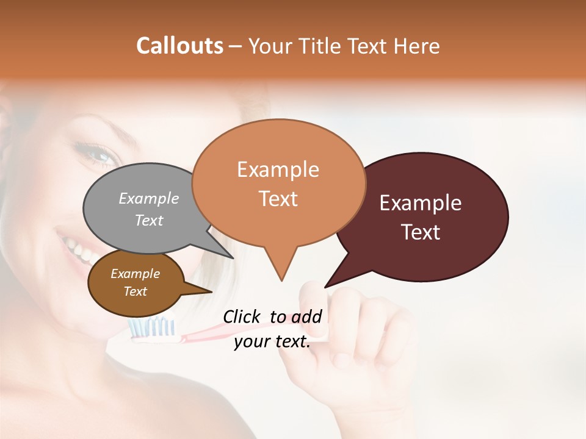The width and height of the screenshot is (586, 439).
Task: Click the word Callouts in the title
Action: coord(179,46)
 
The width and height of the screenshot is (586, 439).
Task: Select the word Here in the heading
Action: coord(417,46)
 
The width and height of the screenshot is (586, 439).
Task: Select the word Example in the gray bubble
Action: coord(149,199)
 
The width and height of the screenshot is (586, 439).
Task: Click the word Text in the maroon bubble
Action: coord(421,232)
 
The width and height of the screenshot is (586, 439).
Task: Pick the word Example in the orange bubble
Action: coord(278,170)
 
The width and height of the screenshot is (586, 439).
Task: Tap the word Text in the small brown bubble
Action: coord(136,291)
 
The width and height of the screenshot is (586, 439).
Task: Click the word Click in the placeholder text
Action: coord(242,316)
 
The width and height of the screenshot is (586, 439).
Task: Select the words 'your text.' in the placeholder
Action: coord(272,341)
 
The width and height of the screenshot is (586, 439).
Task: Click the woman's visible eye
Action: coord(98,154)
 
